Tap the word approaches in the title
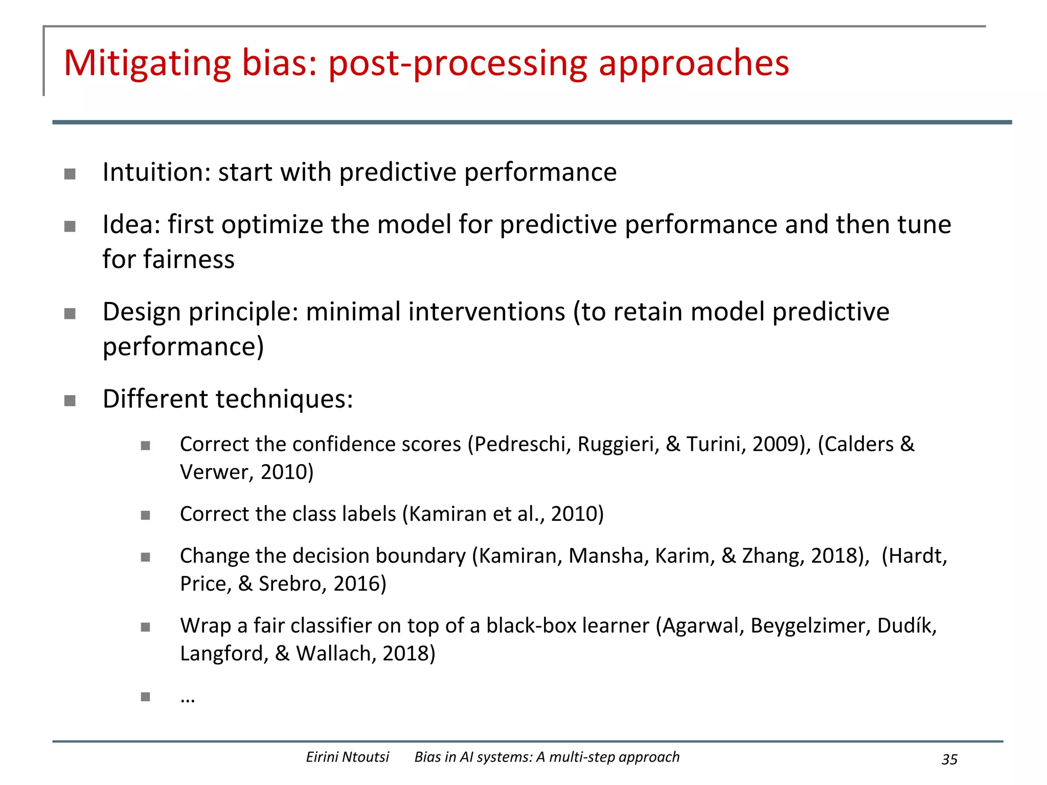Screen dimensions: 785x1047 point(694,64)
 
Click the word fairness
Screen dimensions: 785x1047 point(189,259)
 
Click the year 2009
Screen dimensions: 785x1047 point(776,444)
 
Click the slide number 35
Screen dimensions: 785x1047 point(949,759)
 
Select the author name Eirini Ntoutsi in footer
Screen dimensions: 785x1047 point(348,757)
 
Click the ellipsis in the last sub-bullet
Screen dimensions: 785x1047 point(188,699)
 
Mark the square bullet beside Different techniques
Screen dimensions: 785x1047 point(70,400)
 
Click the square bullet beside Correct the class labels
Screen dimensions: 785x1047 point(146,515)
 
